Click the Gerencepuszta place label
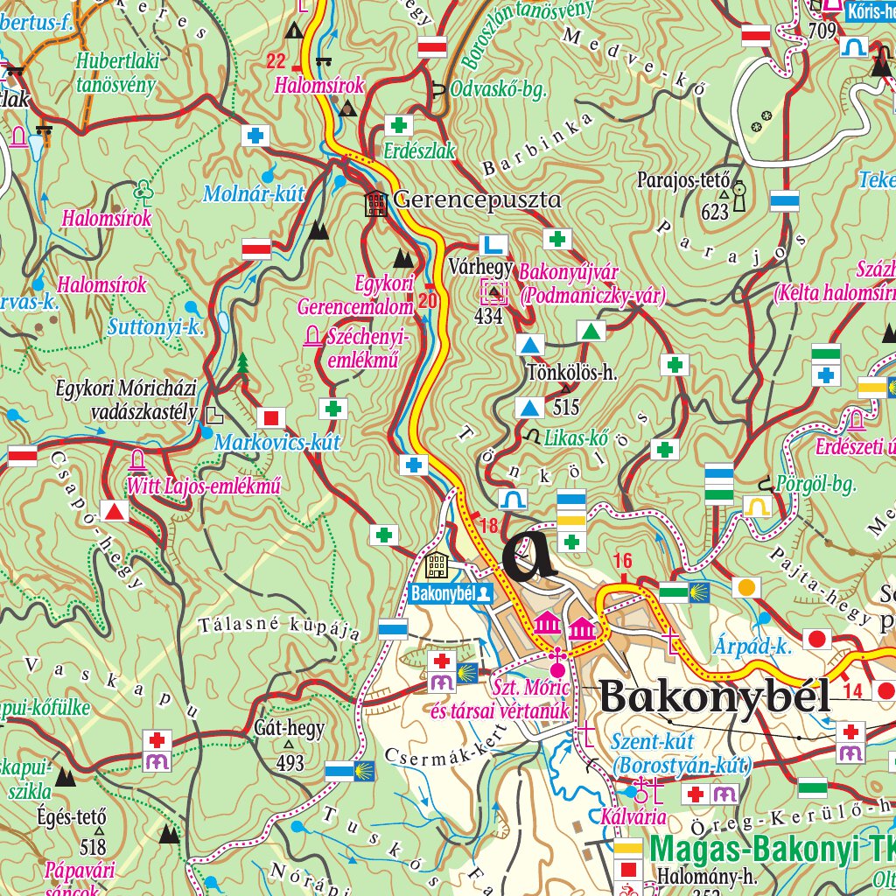pyautogui.click(x=477, y=200)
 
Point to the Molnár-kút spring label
pyautogui.click(x=253, y=194)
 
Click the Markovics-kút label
pyautogui.click(x=276, y=442)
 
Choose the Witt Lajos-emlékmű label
pyautogui.click(x=205, y=486)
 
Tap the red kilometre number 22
pyautogui.click(x=276, y=61)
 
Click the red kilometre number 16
pyautogui.click(x=622, y=561)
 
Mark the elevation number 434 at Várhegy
pyautogui.click(x=488, y=317)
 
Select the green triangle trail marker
pyautogui.click(x=591, y=332)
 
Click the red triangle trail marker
pyautogui.click(x=114, y=511)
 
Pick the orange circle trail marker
pyautogui.click(x=745, y=587)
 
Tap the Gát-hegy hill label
pyautogui.click(x=289, y=728)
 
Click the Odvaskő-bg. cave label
pyautogui.click(x=497, y=89)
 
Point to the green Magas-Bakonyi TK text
pyautogui.click(x=770, y=849)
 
